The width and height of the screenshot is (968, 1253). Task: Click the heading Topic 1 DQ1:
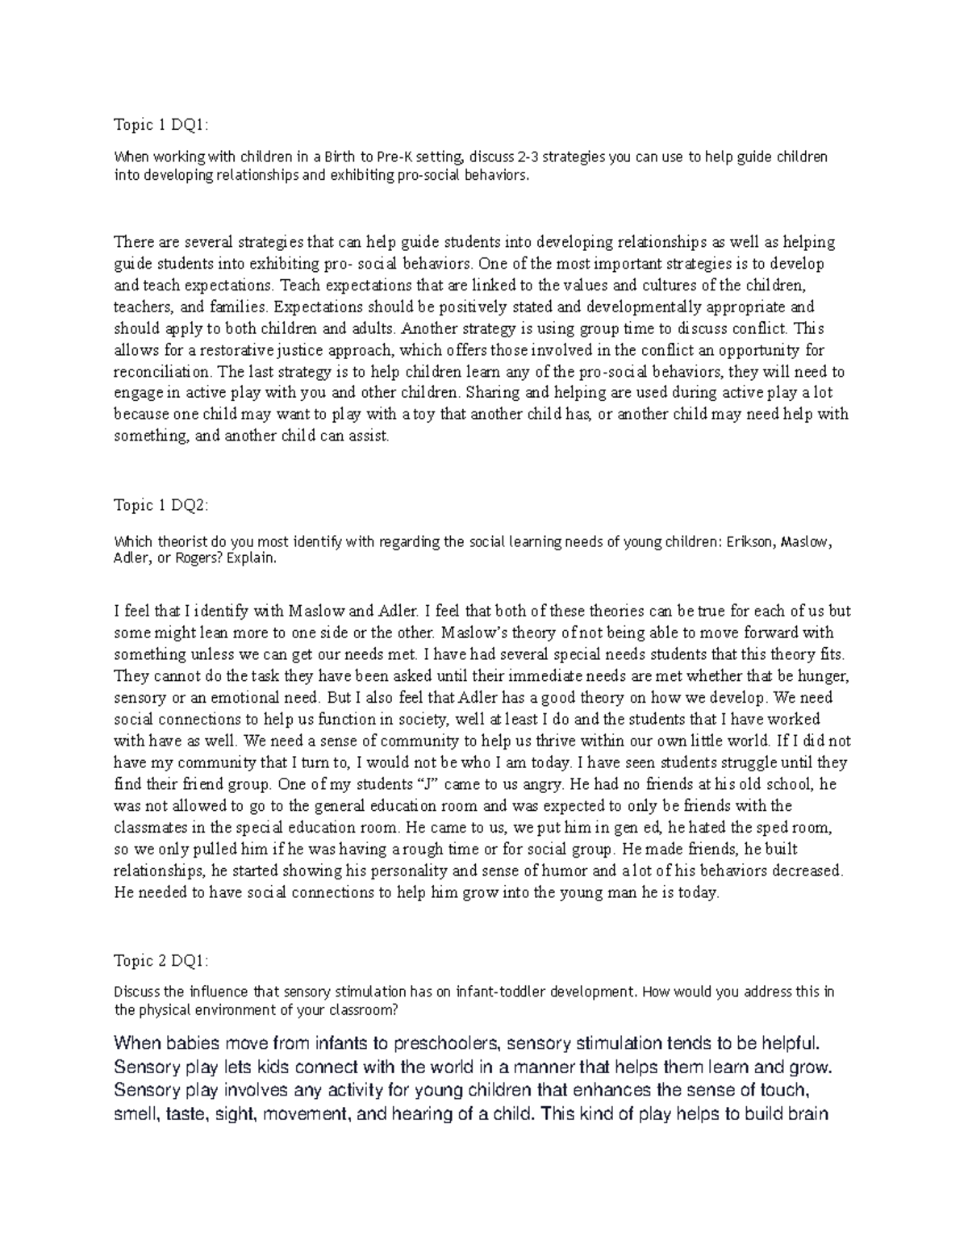[x=161, y=125]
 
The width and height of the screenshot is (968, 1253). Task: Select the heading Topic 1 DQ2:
[x=161, y=505]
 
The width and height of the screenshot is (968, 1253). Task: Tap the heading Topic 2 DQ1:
[x=161, y=961]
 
